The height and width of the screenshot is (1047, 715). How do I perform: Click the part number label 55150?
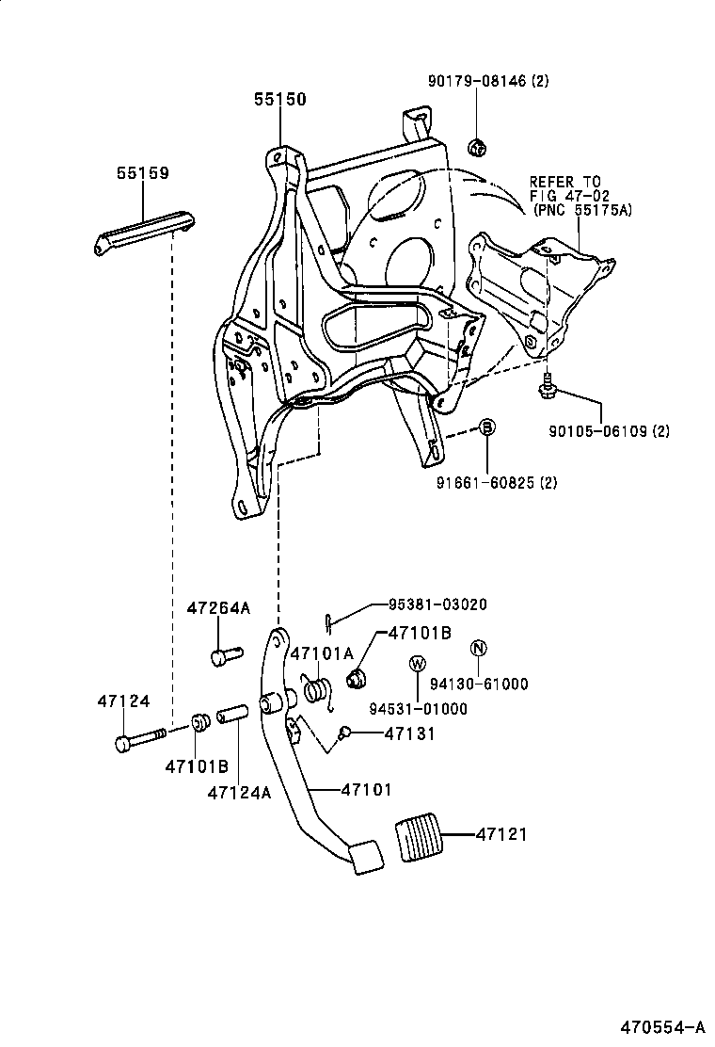coord(278,99)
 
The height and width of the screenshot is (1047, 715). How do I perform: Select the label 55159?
coord(143,173)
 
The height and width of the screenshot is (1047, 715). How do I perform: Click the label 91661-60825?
coord(496,483)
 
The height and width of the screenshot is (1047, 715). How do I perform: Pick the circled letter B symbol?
coord(487,428)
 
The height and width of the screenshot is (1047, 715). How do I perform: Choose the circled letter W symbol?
coord(416,663)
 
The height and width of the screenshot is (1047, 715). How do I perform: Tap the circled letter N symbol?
coord(478,648)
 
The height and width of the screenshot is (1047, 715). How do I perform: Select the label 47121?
coord(501,834)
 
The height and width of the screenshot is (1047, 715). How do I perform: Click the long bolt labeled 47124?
coord(141,738)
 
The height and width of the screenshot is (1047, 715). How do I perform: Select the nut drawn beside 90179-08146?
coord(477,146)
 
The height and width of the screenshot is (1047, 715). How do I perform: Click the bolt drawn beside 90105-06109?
coord(547,386)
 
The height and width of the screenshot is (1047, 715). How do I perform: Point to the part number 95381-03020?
coord(438,604)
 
